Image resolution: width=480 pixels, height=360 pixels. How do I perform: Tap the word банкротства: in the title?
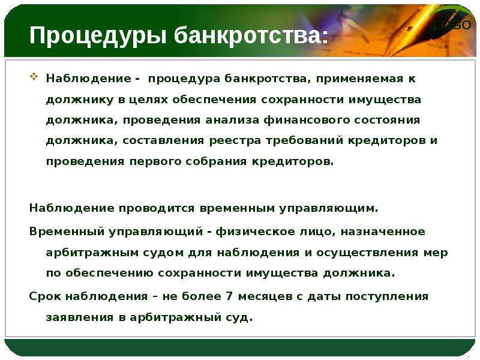[x=251, y=35]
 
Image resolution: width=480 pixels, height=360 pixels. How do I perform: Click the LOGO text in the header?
[x=452, y=25]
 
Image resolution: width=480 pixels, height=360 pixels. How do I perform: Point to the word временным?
[x=236, y=208]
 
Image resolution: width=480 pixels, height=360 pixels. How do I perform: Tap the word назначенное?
[x=383, y=232]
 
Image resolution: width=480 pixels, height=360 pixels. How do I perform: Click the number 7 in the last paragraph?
[x=229, y=296]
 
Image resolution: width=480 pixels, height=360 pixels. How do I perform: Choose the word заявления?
[x=80, y=317]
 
